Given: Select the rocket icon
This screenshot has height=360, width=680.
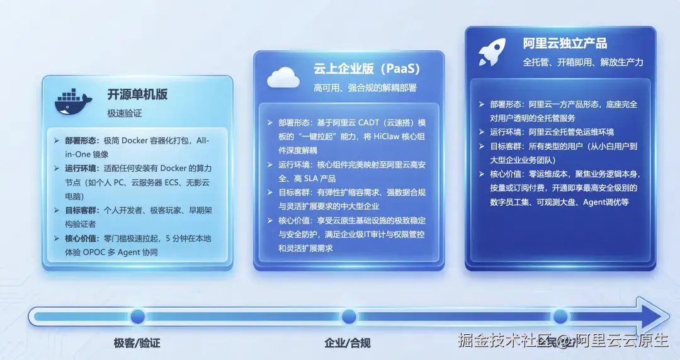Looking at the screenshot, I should click(492, 52).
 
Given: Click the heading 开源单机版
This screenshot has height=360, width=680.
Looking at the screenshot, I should click(137, 94).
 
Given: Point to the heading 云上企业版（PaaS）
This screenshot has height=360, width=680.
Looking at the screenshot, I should click(367, 69).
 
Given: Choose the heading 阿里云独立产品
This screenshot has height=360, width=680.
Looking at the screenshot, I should click(565, 43).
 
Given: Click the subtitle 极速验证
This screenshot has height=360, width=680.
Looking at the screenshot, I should click(125, 113).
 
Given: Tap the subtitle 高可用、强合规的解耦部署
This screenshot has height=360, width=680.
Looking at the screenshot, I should click(365, 87).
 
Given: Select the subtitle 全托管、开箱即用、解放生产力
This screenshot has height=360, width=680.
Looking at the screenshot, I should click(583, 62).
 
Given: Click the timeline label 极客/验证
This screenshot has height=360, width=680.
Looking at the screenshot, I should click(137, 343).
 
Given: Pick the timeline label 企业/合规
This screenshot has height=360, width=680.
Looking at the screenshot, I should click(348, 343).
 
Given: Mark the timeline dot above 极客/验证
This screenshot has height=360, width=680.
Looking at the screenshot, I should click(137, 316).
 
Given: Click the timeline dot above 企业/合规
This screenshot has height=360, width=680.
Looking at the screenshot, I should click(348, 316).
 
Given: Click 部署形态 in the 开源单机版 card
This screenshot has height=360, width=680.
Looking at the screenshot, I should click(81, 141).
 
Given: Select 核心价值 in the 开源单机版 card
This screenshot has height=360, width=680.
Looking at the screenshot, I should click(81, 239).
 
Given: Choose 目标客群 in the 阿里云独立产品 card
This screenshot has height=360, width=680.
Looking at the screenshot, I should click(507, 145).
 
